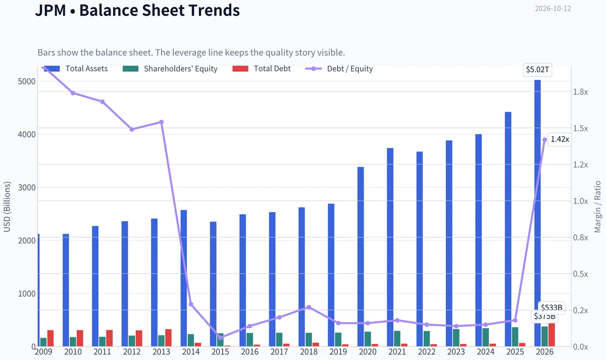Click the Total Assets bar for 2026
tap(537, 213)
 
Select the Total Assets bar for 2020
tap(361, 256)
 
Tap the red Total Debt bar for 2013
tap(168, 338)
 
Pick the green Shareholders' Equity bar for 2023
tap(456, 338)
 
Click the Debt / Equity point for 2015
tap(221, 338)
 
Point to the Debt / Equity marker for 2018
tap(309, 307)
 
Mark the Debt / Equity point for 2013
tap(162, 122)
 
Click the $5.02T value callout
tap(537, 70)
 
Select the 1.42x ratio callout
tap(560, 139)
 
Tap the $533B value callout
tap(551, 308)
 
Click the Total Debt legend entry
tap(262, 69)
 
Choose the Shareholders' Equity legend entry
tap(170, 69)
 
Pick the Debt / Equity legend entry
tap(339, 69)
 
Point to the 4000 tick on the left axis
tap(26, 134)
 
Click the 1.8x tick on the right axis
tap(580, 92)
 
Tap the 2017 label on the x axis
tap(279, 351)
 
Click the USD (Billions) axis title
tap(7, 207)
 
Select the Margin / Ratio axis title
tap(597, 207)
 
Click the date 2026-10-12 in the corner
tap(553, 9)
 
